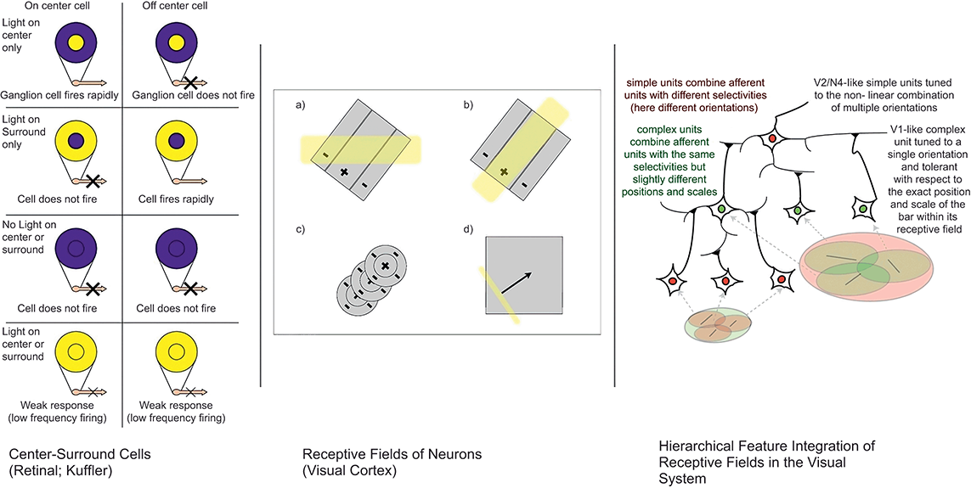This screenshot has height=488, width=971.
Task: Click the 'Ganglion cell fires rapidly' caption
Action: (61, 95)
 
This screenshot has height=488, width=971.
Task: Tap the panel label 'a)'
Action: (301, 106)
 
